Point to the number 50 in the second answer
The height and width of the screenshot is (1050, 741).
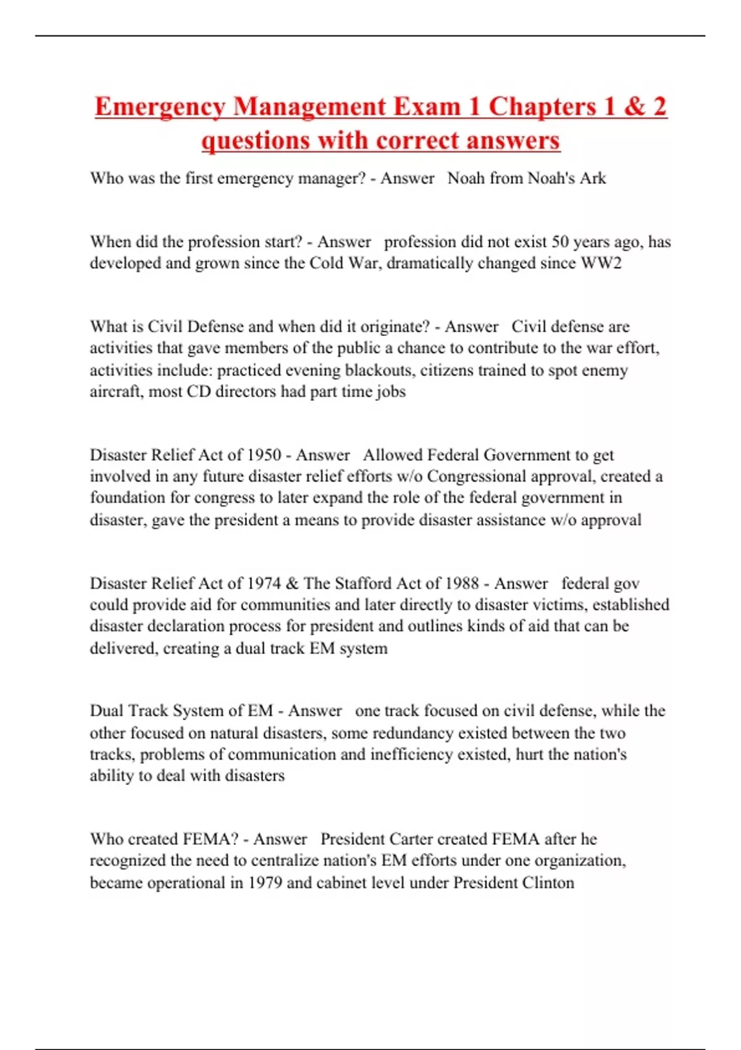560,241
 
